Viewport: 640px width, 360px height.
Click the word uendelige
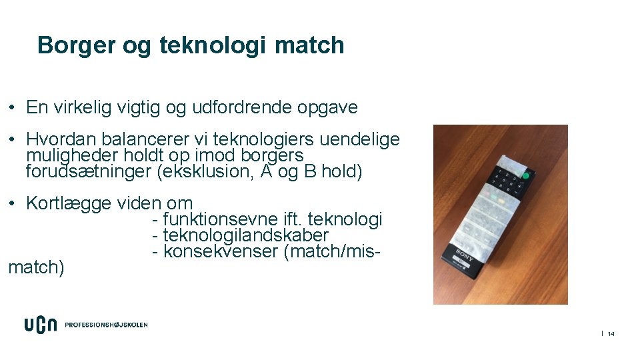click(x=360, y=139)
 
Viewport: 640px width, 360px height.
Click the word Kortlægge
click(x=69, y=203)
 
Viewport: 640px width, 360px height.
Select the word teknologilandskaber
click(x=246, y=235)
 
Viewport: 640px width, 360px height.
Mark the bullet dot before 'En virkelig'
click(x=13, y=108)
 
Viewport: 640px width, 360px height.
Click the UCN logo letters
click(x=40, y=325)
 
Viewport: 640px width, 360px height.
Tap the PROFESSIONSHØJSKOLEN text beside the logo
click(x=106, y=325)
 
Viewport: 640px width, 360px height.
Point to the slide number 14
click(x=611, y=333)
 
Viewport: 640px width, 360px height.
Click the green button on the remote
click(x=525, y=176)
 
